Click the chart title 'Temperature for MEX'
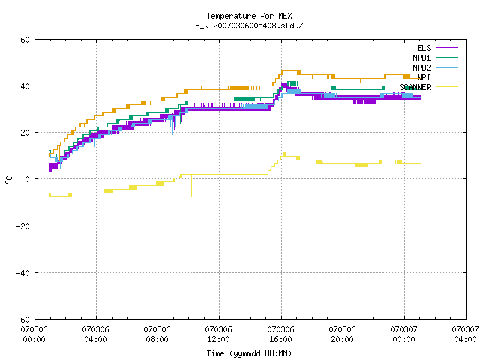(249, 16)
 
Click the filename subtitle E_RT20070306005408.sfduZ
(249, 25)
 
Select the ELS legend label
(424, 48)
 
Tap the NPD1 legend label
(421, 58)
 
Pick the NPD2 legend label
(421, 67)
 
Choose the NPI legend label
(424, 77)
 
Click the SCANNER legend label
(415, 87)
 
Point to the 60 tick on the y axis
(25, 40)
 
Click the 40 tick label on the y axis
(25, 86)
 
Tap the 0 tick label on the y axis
(28, 179)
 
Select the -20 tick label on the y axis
(23, 226)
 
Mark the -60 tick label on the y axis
(23, 319)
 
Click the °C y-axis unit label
(8, 180)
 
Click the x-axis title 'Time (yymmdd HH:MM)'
(249, 353)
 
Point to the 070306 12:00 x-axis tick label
(218, 334)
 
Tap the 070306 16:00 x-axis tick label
(280, 334)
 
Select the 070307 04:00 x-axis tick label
(465, 334)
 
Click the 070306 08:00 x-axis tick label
(157, 334)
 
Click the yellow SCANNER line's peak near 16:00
(284, 153)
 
